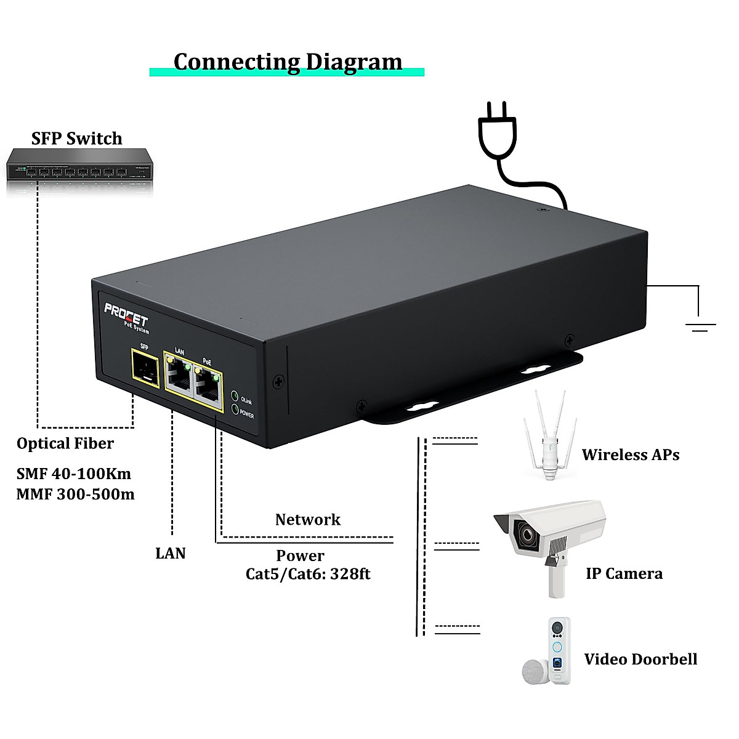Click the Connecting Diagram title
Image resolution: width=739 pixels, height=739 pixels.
(x=288, y=62)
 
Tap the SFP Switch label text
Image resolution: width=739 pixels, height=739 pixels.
(x=77, y=139)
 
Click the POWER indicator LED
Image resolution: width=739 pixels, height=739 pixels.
(x=235, y=408)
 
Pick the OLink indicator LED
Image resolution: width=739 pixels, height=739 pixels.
(x=235, y=396)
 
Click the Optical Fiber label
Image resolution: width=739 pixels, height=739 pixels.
(x=65, y=443)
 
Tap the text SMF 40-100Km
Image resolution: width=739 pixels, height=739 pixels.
(x=73, y=474)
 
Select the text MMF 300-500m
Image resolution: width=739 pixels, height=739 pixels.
(x=75, y=494)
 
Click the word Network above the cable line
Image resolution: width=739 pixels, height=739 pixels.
(x=307, y=519)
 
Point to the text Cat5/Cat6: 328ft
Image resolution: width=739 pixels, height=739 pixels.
(x=308, y=574)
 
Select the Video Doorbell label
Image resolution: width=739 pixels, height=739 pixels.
(x=640, y=659)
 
